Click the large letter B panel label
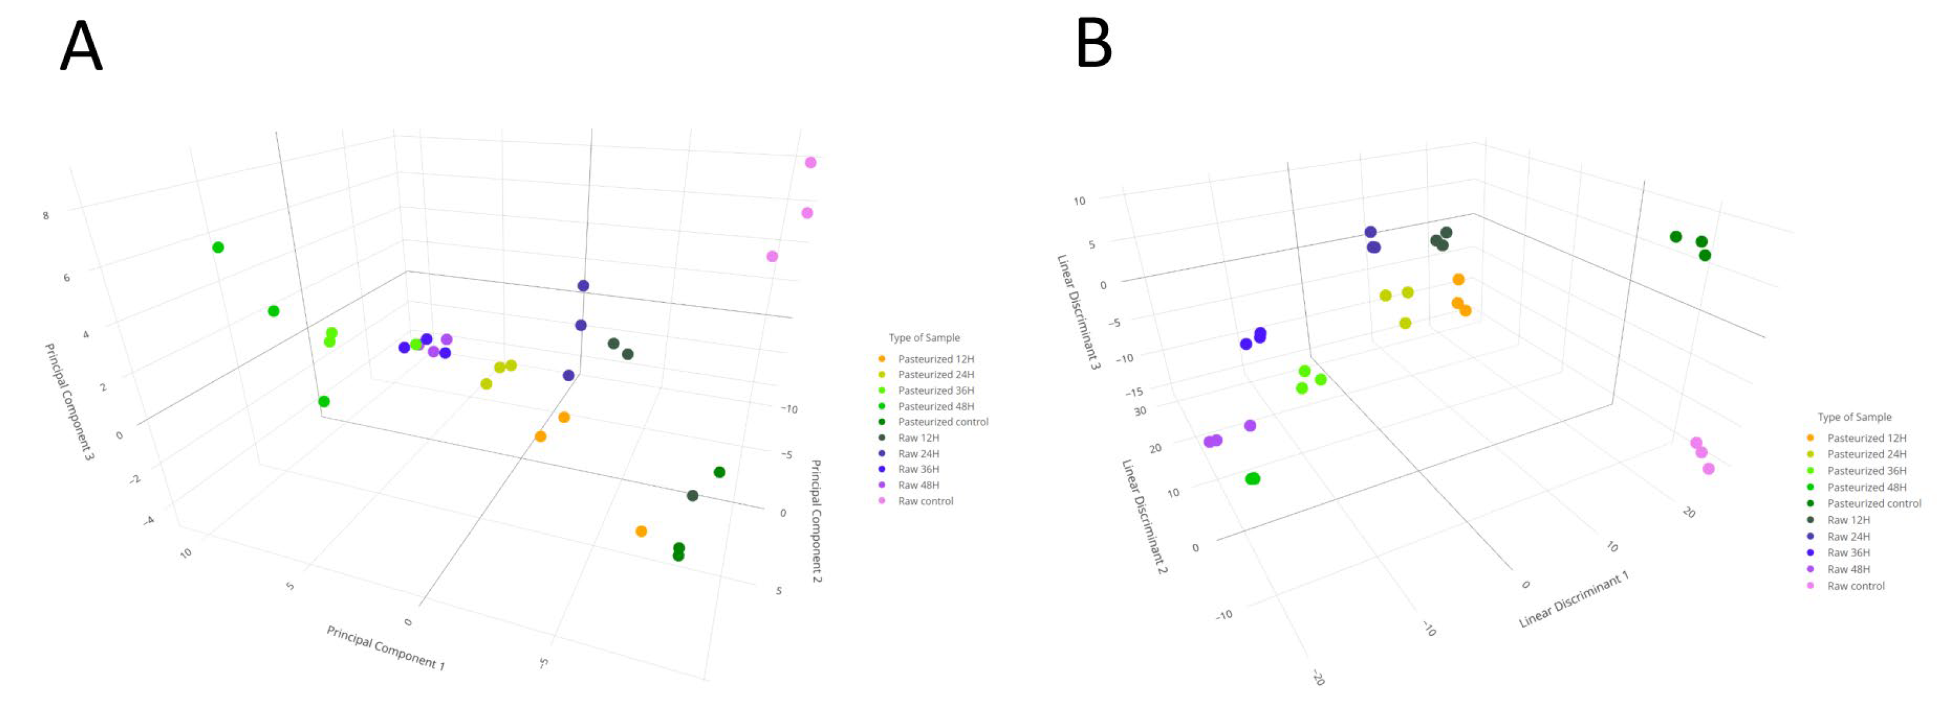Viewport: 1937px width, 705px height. [x=1094, y=43]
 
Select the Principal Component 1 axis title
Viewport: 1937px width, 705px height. [x=385, y=647]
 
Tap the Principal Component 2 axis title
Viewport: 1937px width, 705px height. [x=816, y=521]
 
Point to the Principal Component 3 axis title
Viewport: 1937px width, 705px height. [x=69, y=401]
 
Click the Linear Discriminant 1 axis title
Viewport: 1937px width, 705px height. [x=1574, y=600]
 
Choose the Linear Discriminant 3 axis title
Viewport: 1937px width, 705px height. [x=1079, y=311]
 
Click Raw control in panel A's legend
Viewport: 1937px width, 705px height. [x=925, y=501]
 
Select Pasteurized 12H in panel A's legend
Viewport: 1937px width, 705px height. [x=936, y=359]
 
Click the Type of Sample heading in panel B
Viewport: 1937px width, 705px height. [x=1854, y=417]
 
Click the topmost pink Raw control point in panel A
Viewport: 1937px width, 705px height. [x=810, y=162]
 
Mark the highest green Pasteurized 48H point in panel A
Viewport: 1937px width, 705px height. [x=218, y=247]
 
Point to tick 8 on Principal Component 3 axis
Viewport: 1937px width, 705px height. [x=46, y=215]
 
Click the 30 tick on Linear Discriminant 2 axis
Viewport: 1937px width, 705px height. [x=1140, y=411]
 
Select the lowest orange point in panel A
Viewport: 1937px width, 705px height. [x=642, y=531]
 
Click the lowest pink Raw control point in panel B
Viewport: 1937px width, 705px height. [x=1708, y=469]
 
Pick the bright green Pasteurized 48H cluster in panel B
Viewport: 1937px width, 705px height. [x=1252, y=479]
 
